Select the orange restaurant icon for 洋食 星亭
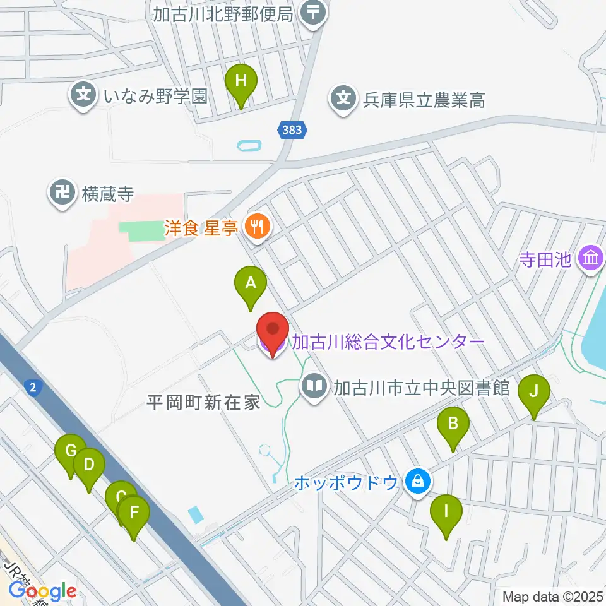[x=256, y=227]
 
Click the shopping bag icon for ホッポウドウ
[x=417, y=483]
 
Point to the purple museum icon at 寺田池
[x=592, y=258]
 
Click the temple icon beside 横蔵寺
[x=62, y=194]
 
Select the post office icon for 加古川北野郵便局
[x=312, y=11]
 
